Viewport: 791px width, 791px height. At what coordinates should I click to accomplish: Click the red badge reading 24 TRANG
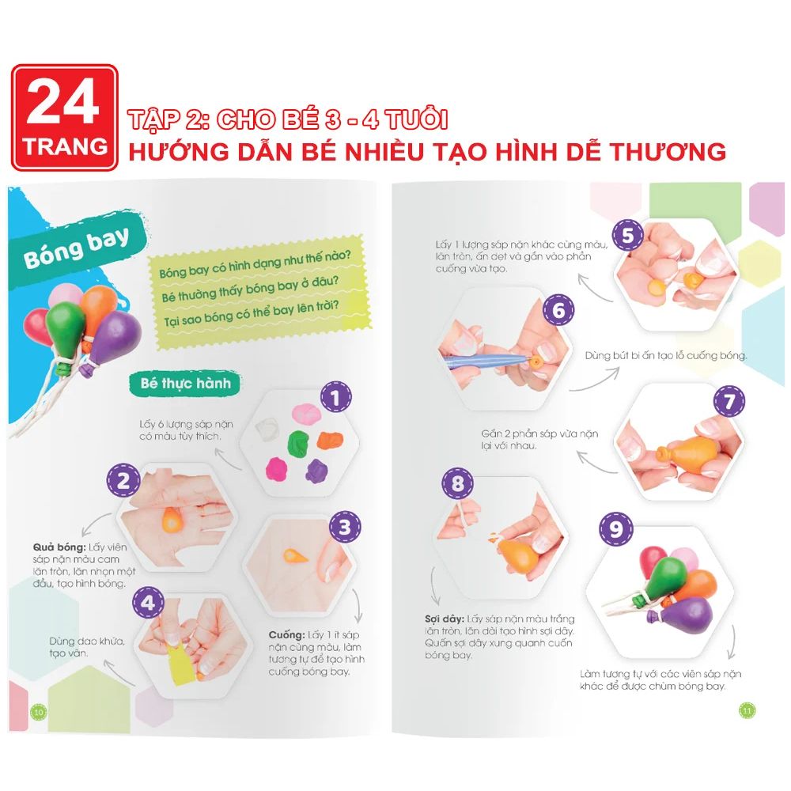[x=65, y=118]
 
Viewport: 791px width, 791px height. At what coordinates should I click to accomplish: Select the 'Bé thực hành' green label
[x=185, y=384]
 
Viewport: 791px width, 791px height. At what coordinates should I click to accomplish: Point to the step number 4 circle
[x=148, y=602]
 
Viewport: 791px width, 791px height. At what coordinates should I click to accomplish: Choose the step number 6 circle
[x=558, y=310]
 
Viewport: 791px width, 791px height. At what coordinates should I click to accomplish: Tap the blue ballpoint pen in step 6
[x=486, y=359]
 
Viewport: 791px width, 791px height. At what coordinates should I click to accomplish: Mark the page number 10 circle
[x=39, y=712]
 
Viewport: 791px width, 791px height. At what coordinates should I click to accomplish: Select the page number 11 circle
[x=747, y=711]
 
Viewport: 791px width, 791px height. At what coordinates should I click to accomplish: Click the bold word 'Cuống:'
[x=286, y=634]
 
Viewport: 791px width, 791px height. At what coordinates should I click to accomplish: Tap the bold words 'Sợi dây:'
[x=444, y=619]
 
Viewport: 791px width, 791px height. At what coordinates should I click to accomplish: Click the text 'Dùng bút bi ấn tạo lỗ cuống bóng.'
[x=666, y=356]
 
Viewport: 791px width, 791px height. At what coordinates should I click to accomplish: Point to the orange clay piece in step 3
[x=295, y=555]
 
